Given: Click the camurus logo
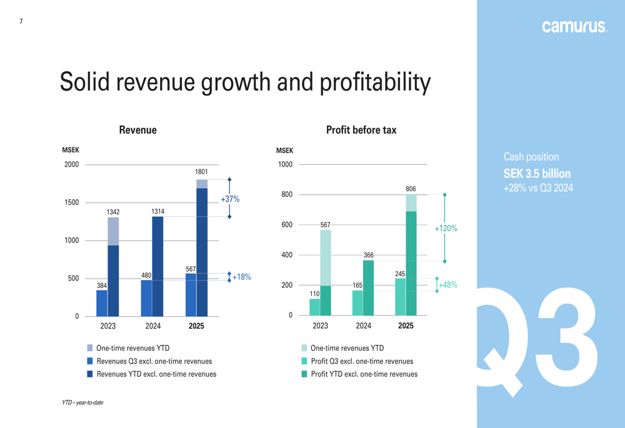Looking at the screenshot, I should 574,26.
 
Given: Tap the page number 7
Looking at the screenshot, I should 21,21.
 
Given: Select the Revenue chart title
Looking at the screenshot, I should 137,130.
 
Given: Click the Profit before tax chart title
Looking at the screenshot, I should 361,130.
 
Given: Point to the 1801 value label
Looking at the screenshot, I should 201,172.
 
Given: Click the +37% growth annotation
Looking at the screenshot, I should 230,199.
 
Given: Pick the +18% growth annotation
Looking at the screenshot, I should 241,277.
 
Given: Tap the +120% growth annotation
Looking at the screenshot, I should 446,229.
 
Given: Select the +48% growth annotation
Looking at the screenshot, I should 447,285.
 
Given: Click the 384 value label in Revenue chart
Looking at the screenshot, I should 102,286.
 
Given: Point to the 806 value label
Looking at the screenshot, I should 411,189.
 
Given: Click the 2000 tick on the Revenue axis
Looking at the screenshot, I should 72,165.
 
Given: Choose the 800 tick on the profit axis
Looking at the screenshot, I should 286,195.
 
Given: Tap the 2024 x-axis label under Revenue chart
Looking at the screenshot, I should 153,326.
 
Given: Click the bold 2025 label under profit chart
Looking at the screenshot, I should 406,326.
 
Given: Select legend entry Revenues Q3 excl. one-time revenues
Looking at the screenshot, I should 154,361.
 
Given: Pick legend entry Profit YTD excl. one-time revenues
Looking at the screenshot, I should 364,374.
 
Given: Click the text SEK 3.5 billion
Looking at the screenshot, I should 537,174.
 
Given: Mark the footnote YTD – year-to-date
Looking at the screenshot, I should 82,403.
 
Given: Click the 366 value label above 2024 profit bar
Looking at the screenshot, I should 369,256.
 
